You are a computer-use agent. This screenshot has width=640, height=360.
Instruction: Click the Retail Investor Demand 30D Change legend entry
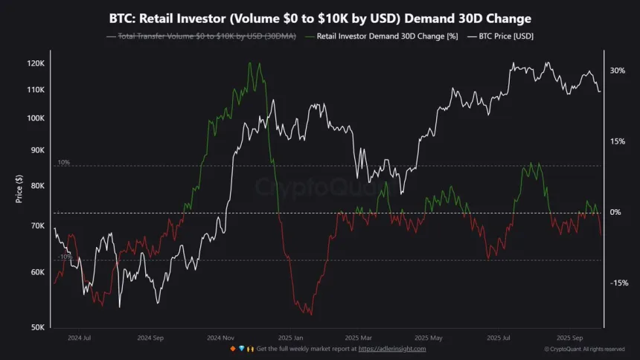pos(384,36)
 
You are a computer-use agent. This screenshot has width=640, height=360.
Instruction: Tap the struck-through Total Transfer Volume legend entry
pos(205,36)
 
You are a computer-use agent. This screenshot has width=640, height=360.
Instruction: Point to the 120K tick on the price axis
pos(36,64)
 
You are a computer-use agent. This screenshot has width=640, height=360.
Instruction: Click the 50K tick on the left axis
pos(37,327)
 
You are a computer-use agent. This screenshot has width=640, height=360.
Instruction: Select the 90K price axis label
pos(37,150)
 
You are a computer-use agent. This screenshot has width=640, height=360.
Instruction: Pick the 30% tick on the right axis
pos(617,71)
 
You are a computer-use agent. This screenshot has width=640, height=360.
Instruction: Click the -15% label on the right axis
pos(618,283)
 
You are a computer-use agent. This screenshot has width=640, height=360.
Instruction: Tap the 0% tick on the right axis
pos(615,212)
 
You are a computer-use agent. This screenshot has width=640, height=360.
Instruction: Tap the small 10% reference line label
pos(63,162)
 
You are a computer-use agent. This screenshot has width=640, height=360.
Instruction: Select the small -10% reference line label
pos(64,257)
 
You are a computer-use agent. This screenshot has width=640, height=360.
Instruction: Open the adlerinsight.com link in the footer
pos(391,349)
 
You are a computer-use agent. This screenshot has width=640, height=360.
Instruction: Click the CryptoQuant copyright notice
pos(584,349)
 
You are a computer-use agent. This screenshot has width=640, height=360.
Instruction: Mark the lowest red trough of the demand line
pos(309,315)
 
